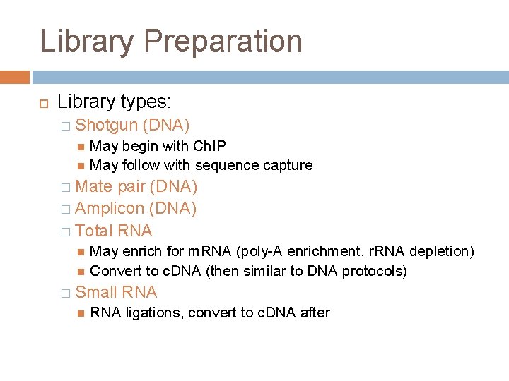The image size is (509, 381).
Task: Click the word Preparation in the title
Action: tap(223, 42)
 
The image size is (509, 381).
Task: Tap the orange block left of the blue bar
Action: tap(14, 77)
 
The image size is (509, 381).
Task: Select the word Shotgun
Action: tap(106, 126)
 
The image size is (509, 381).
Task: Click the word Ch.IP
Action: tap(209, 146)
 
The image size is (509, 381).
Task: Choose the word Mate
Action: tap(93, 187)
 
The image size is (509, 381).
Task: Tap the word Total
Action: tap(94, 231)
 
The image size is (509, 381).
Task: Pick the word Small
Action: tap(96, 292)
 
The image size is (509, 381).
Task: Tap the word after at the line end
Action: tap(315, 313)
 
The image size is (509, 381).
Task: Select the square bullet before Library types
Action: tap(42, 103)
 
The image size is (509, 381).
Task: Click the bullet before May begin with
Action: tap(81, 147)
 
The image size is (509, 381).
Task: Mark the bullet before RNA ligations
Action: tap(81, 313)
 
